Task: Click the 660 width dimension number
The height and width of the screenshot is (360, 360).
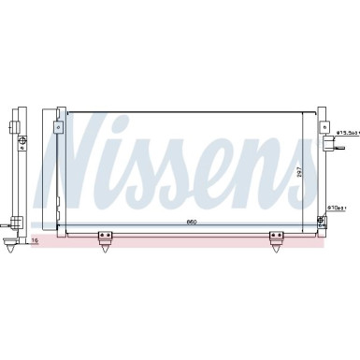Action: coord(192,221)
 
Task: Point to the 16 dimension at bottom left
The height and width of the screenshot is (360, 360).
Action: coord(35,240)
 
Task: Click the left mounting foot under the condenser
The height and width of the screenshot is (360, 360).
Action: coord(104,242)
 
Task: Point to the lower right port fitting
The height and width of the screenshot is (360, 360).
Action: coord(323,221)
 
